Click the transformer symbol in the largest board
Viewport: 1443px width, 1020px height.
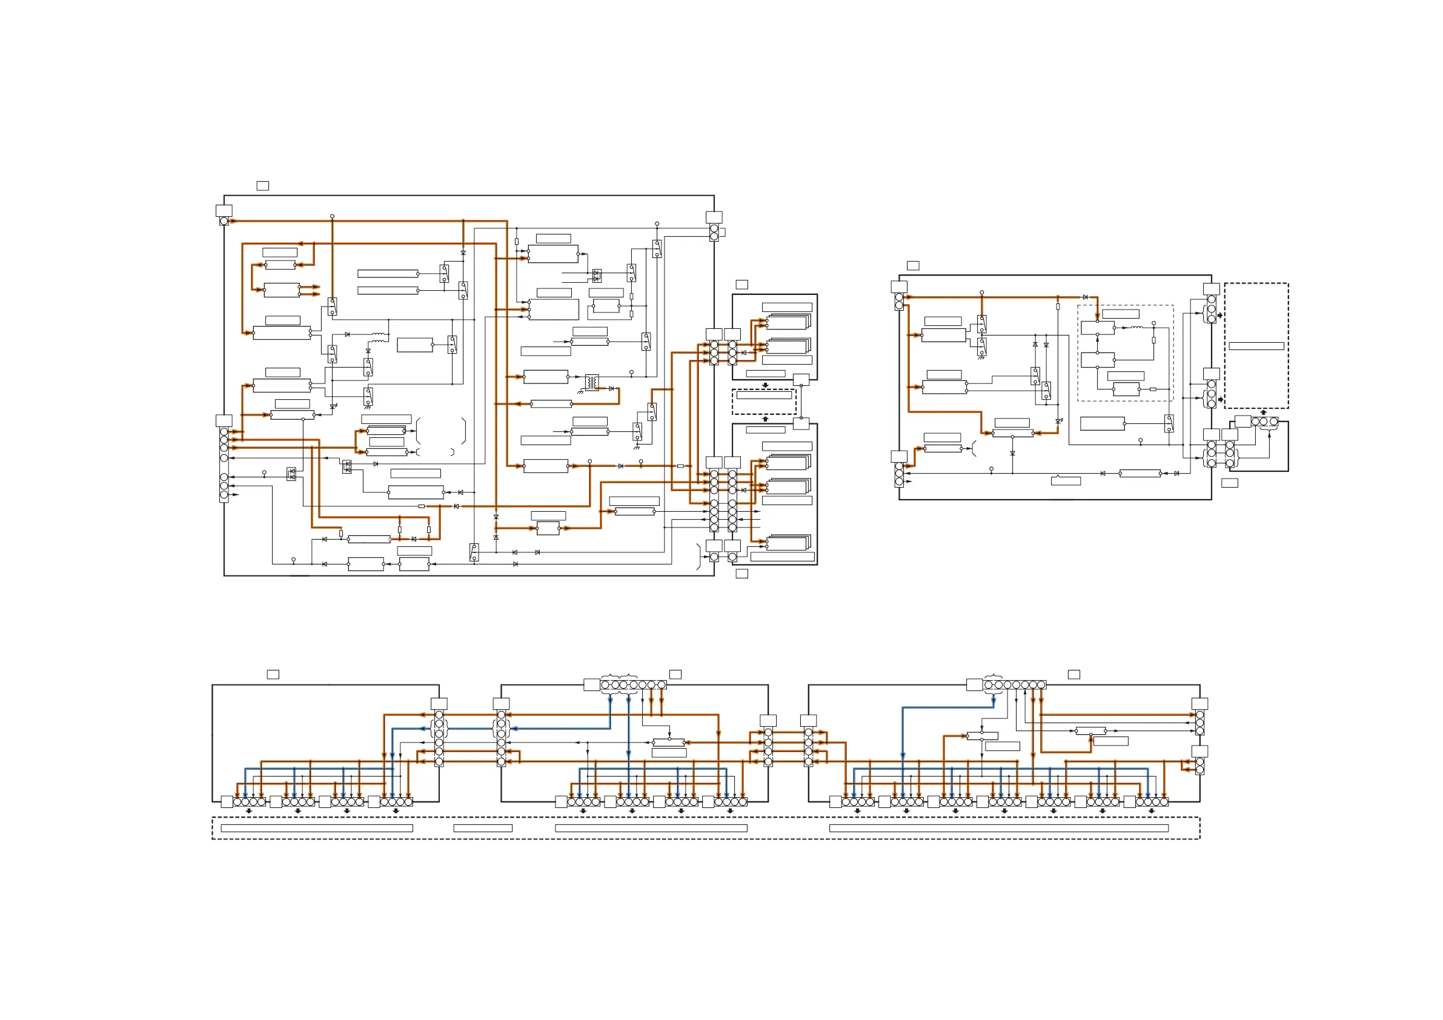[x=591, y=382]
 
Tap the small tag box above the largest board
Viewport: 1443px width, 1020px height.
[x=263, y=185]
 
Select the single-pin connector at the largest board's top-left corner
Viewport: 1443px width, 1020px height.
[x=224, y=221]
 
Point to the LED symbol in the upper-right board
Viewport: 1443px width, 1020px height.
[x=1058, y=421]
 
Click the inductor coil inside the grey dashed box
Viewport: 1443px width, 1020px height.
[x=1137, y=327]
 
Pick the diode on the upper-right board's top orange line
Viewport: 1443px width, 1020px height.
[x=1085, y=297]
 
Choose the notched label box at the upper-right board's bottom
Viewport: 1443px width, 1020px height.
[x=1066, y=481]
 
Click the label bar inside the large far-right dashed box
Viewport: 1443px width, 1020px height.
[x=1256, y=346]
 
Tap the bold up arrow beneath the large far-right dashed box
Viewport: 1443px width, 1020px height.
[x=1263, y=413]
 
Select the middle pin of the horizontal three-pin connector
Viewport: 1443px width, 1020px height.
[x=1264, y=421]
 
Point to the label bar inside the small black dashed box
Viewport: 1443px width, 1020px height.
[x=764, y=396]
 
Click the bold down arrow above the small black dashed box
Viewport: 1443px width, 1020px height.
[x=765, y=385]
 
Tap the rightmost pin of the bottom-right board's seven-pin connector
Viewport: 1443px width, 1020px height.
[x=1042, y=685]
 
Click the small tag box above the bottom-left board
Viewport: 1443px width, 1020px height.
[x=273, y=674]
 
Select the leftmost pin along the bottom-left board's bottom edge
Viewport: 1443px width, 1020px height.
[x=237, y=801]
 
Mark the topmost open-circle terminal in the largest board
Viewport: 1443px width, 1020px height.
[x=332, y=216]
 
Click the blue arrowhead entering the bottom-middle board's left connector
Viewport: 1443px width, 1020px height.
[x=513, y=729]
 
